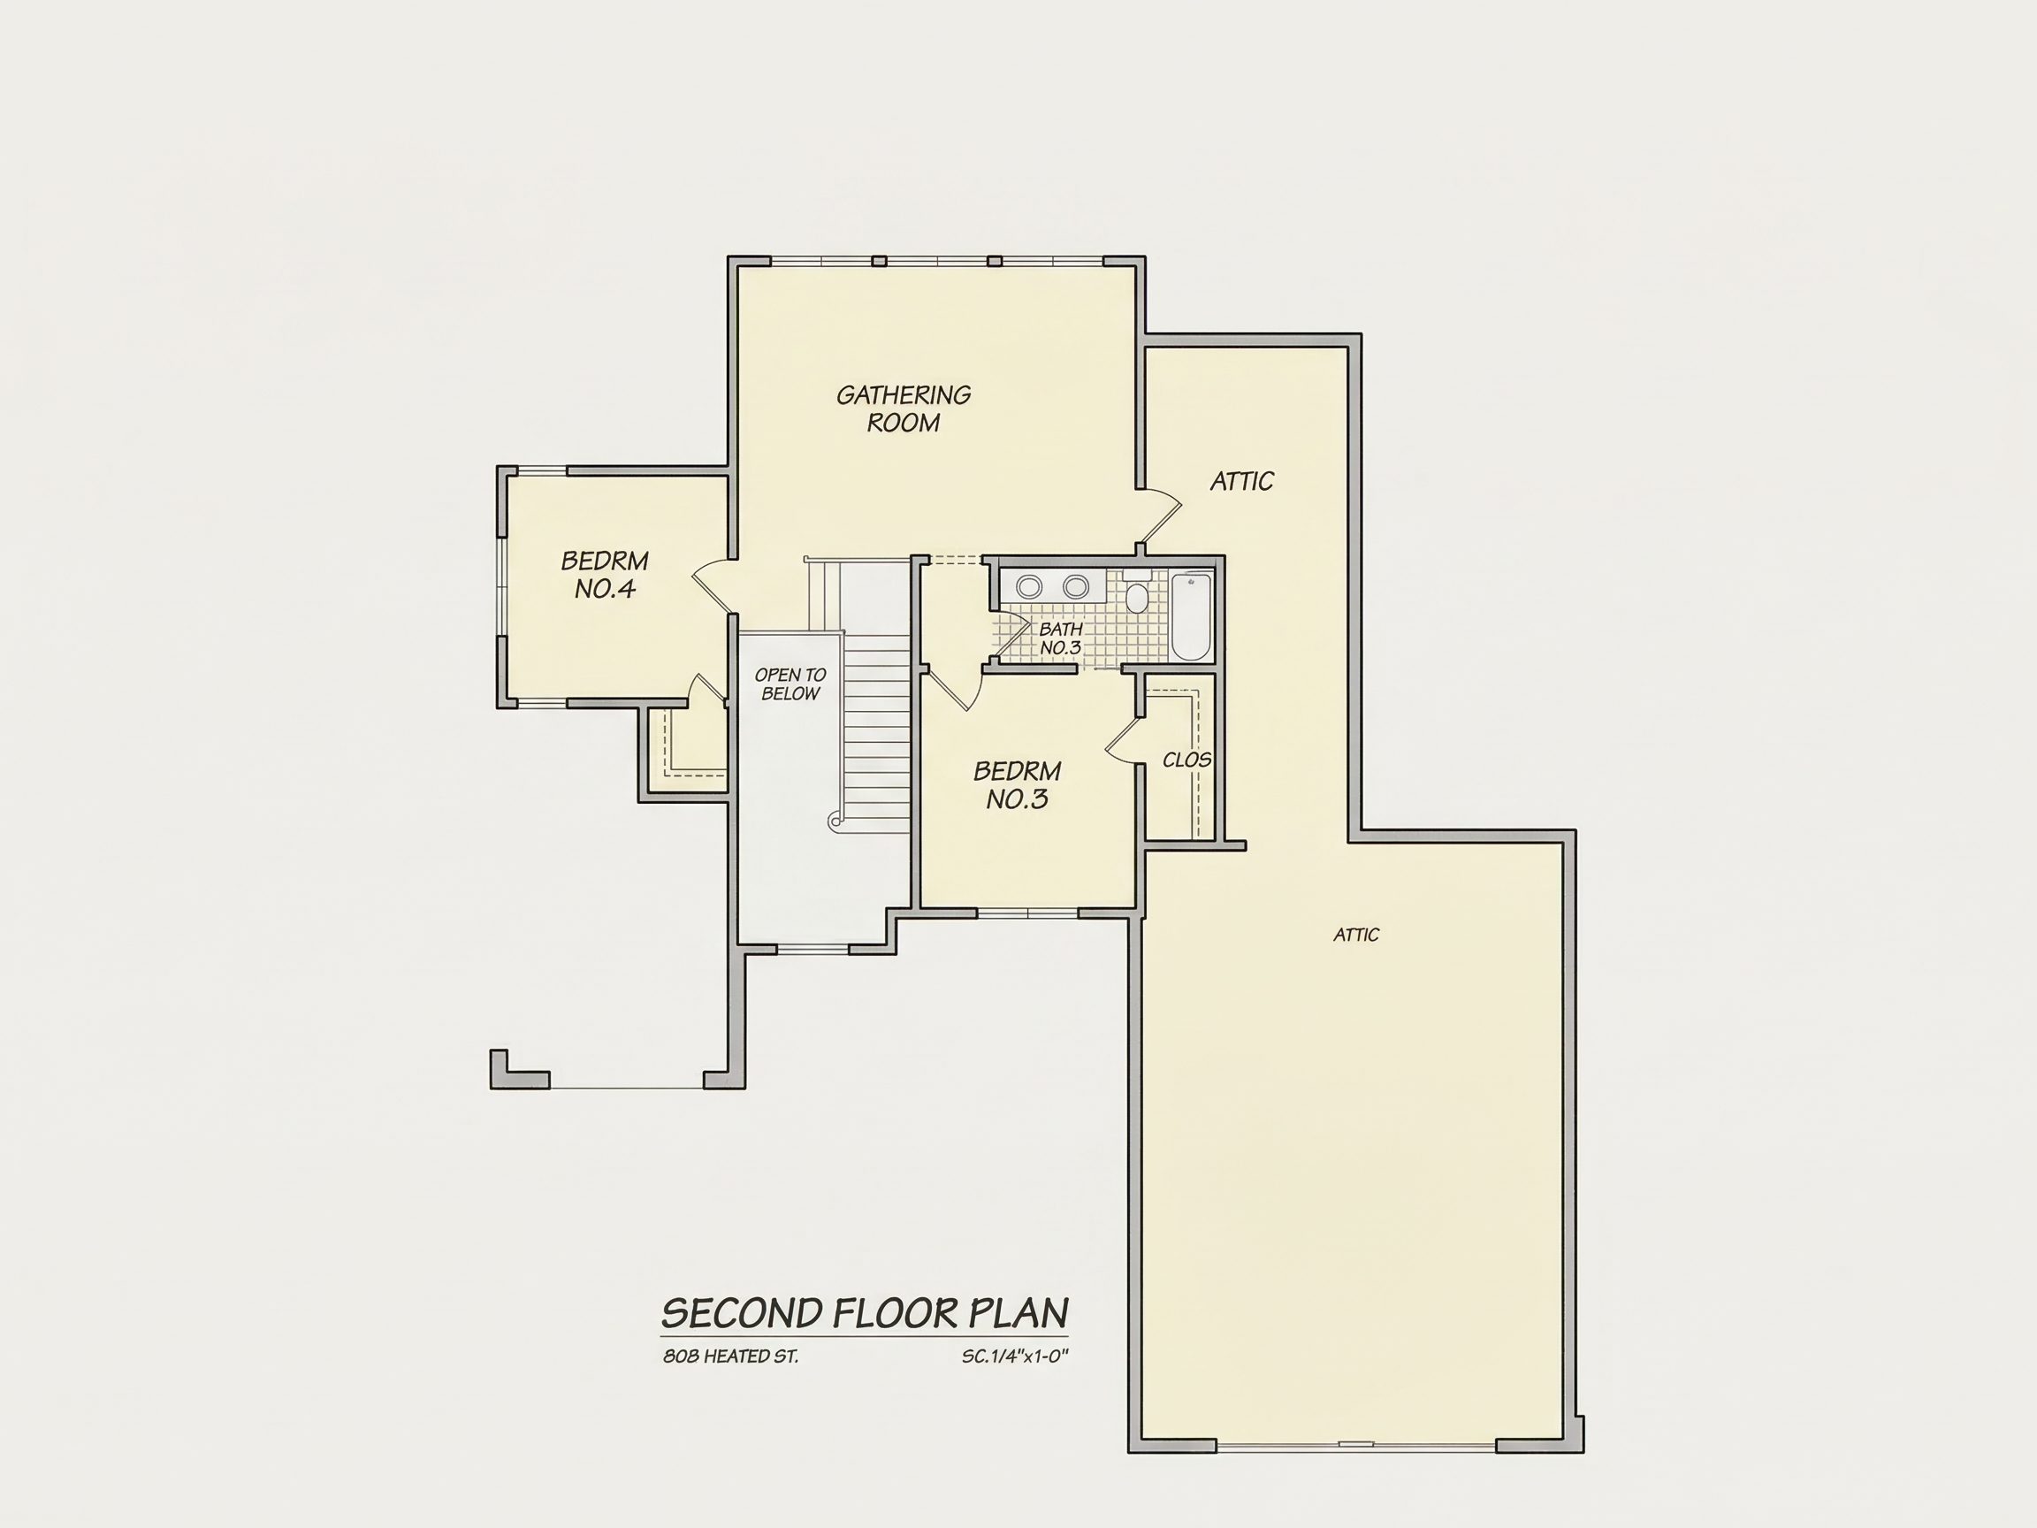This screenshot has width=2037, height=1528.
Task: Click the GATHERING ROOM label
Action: pos(904,409)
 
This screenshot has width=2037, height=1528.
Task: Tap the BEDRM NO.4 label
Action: pos(605,575)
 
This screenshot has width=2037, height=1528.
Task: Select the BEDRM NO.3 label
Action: pos(1018,784)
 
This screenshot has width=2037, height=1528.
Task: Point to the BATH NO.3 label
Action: pos(1060,638)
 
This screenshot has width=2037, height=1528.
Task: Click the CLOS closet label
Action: pos(1187,760)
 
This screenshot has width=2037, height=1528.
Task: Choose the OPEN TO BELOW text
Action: pos(790,684)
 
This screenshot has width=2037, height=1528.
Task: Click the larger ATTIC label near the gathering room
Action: pos(1241,481)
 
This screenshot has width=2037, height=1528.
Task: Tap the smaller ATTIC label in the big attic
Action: pos(1356,935)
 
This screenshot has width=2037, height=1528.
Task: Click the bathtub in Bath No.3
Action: pos(1191,615)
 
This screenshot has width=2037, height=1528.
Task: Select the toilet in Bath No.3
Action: pos(1137,593)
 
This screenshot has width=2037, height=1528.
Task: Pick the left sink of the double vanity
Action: pos(1028,585)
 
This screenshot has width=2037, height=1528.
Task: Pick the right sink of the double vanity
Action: pos(1076,585)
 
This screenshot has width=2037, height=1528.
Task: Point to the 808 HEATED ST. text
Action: pos(730,1356)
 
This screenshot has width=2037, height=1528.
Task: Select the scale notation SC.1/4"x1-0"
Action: pos(1015,1356)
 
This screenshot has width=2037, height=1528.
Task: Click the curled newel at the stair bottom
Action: pos(835,821)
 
